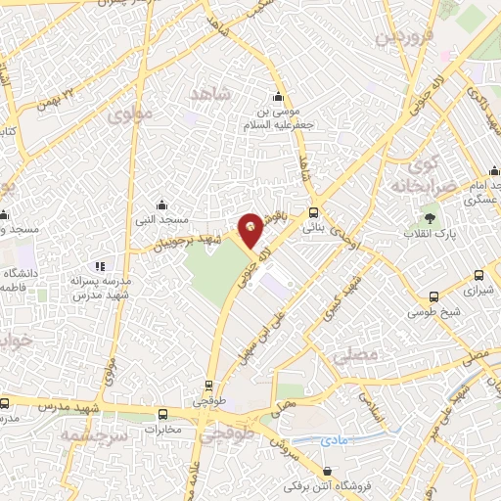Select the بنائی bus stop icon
coord(313,212)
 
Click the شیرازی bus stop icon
coord(479,277)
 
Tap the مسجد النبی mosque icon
coord(162,205)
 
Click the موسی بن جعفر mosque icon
coord(279,97)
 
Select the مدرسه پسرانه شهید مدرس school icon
coord(99,266)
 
